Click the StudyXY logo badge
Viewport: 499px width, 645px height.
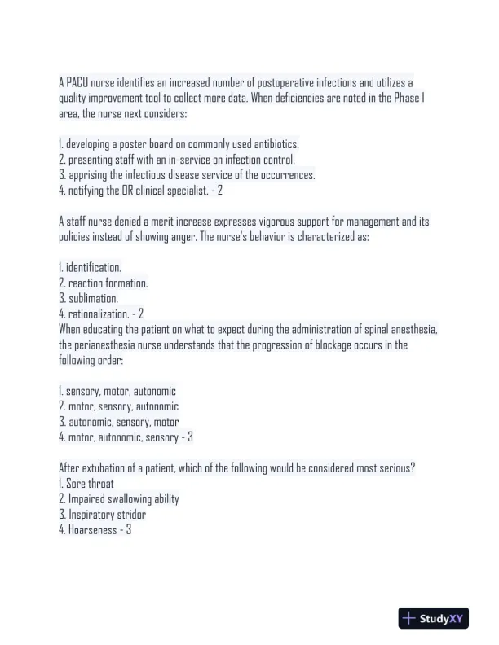click(x=433, y=619)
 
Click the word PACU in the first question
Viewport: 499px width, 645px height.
click(x=76, y=83)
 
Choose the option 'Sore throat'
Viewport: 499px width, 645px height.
click(x=86, y=484)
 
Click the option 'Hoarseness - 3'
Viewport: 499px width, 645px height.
click(x=95, y=530)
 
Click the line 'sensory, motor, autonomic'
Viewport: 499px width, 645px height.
click(x=117, y=392)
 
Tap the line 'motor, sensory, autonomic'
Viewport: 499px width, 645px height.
click(x=119, y=406)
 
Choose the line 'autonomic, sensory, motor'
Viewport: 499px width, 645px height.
click(x=119, y=422)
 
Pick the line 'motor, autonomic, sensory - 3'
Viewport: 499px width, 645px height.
click(x=126, y=437)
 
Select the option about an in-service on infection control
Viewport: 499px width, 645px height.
click(x=177, y=160)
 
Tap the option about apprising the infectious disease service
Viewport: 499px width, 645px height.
click(x=187, y=175)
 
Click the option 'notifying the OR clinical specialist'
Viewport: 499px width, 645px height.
click(x=140, y=191)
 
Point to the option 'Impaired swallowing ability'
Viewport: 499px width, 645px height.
click(x=119, y=499)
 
